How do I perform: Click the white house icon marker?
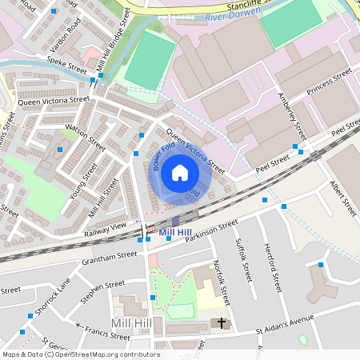180,173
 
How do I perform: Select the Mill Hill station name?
176,233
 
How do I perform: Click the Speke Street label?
66,64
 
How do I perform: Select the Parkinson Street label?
211,230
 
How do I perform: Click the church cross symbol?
222,323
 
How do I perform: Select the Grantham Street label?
110,257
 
